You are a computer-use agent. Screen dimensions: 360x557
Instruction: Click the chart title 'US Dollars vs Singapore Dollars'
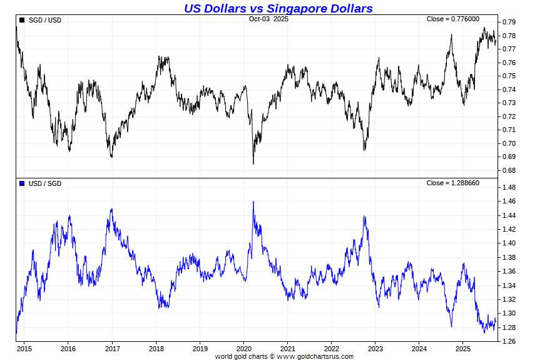278,8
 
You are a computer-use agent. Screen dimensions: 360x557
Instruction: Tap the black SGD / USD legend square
23,20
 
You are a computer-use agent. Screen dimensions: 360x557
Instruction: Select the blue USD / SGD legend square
23,183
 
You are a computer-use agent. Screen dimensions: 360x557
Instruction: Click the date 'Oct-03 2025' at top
268,19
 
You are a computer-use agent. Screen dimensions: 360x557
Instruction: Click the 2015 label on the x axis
24,348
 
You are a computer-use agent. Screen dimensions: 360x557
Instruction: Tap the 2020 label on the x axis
243,348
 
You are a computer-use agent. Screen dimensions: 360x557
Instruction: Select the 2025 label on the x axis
462,348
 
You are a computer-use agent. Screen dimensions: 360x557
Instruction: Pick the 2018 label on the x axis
156,348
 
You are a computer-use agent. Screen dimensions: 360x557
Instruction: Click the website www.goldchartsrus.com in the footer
315,356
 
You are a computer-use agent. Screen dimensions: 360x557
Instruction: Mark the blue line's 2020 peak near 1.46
253,202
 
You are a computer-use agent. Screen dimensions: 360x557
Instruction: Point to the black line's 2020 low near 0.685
253,163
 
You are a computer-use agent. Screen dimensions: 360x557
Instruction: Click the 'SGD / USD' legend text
45,20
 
